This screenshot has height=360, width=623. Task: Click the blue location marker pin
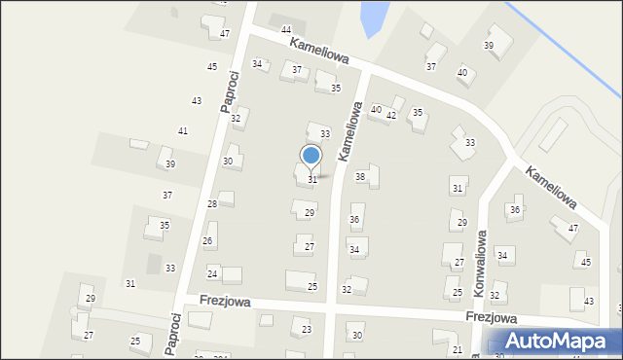click(x=311, y=156)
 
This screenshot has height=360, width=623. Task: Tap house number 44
click(x=286, y=31)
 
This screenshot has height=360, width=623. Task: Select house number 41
click(x=183, y=131)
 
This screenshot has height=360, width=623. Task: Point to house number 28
click(x=212, y=204)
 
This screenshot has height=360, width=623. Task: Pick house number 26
click(x=207, y=241)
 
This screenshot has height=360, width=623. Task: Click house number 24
click(x=212, y=274)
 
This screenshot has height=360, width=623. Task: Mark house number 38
click(x=360, y=177)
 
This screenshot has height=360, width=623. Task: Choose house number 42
click(x=391, y=116)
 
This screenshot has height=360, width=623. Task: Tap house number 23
click(x=307, y=330)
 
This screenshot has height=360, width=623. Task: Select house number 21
click(x=458, y=349)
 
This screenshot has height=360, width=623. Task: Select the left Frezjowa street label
click(x=225, y=303)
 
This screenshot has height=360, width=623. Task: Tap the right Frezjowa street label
click(x=491, y=318)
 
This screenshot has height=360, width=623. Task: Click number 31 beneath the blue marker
click(x=312, y=180)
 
